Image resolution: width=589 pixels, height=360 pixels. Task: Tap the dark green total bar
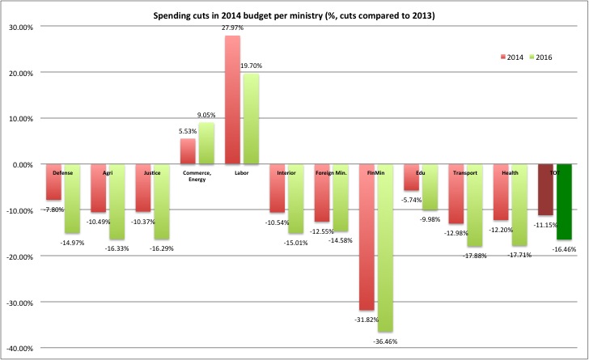[x=565, y=202]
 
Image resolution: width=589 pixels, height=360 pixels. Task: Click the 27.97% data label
[x=232, y=29]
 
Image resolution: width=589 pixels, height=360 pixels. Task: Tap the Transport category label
[x=466, y=172]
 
